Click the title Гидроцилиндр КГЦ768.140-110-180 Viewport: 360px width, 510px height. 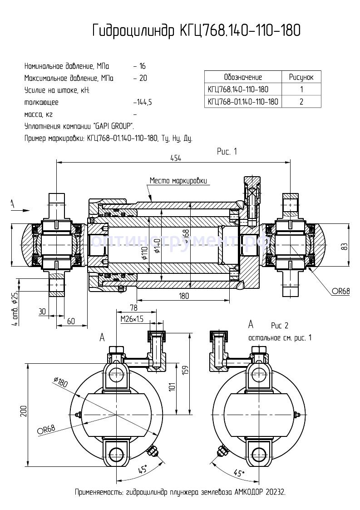click(196, 30)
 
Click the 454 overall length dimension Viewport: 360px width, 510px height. click(175, 158)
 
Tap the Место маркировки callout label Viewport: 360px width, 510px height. click(179, 181)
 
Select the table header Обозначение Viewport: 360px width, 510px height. click(243, 77)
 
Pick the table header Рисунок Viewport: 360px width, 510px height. click(301, 77)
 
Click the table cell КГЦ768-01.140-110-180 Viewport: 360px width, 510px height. click(243, 101)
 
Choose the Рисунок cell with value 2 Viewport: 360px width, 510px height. click(301, 101)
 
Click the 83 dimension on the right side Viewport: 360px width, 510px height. click(345, 246)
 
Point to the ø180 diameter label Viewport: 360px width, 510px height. click(60, 382)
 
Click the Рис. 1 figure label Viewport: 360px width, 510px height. click(227, 152)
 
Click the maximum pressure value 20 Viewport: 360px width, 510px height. click(143, 78)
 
